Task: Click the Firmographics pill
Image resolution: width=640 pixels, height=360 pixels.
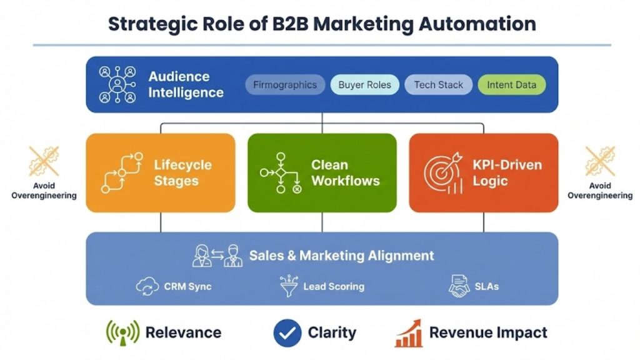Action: (285, 85)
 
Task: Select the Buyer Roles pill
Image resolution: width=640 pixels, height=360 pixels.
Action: (364, 85)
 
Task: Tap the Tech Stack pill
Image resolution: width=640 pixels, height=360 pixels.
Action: (438, 85)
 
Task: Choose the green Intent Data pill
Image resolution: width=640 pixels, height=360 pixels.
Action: (511, 85)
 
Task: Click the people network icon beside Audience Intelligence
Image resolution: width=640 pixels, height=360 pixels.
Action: (117, 85)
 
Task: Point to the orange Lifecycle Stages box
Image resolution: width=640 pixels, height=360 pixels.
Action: (161, 173)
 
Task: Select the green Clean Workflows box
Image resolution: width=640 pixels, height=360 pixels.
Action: (322, 173)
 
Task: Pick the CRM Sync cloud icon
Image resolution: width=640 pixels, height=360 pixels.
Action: (147, 287)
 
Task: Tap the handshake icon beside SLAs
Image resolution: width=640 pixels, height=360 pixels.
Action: (459, 287)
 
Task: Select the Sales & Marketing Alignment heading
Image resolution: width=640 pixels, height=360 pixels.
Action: (341, 256)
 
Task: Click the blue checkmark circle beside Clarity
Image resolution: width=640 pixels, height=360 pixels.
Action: (287, 333)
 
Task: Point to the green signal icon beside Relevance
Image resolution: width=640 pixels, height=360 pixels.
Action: (122, 333)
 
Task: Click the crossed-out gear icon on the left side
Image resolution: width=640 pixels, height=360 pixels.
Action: (44, 161)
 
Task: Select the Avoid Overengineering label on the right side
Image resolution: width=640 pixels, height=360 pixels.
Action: (599, 191)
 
